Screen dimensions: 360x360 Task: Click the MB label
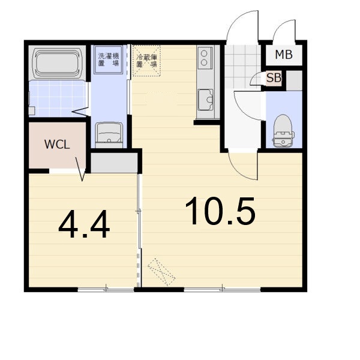(284, 55)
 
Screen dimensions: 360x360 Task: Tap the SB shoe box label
(274, 78)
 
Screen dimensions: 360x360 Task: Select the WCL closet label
(57, 145)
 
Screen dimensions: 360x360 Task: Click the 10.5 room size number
(220, 211)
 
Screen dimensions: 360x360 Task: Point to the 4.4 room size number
(84, 224)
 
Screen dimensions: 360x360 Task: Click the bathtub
(58, 63)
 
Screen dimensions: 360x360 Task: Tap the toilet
(283, 131)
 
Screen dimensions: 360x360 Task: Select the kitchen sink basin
(206, 100)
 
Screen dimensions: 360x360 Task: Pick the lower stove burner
(204, 62)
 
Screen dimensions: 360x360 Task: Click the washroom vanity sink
(109, 134)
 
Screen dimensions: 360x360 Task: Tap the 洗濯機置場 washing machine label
(109, 59)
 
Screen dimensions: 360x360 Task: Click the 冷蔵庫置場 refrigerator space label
(146, 61)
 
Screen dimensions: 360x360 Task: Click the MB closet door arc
(280, 26)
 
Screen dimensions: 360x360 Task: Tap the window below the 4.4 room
(106, 290)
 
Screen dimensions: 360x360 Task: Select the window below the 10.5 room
(222, 290)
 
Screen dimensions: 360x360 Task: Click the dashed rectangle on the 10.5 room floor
(161, 272)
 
